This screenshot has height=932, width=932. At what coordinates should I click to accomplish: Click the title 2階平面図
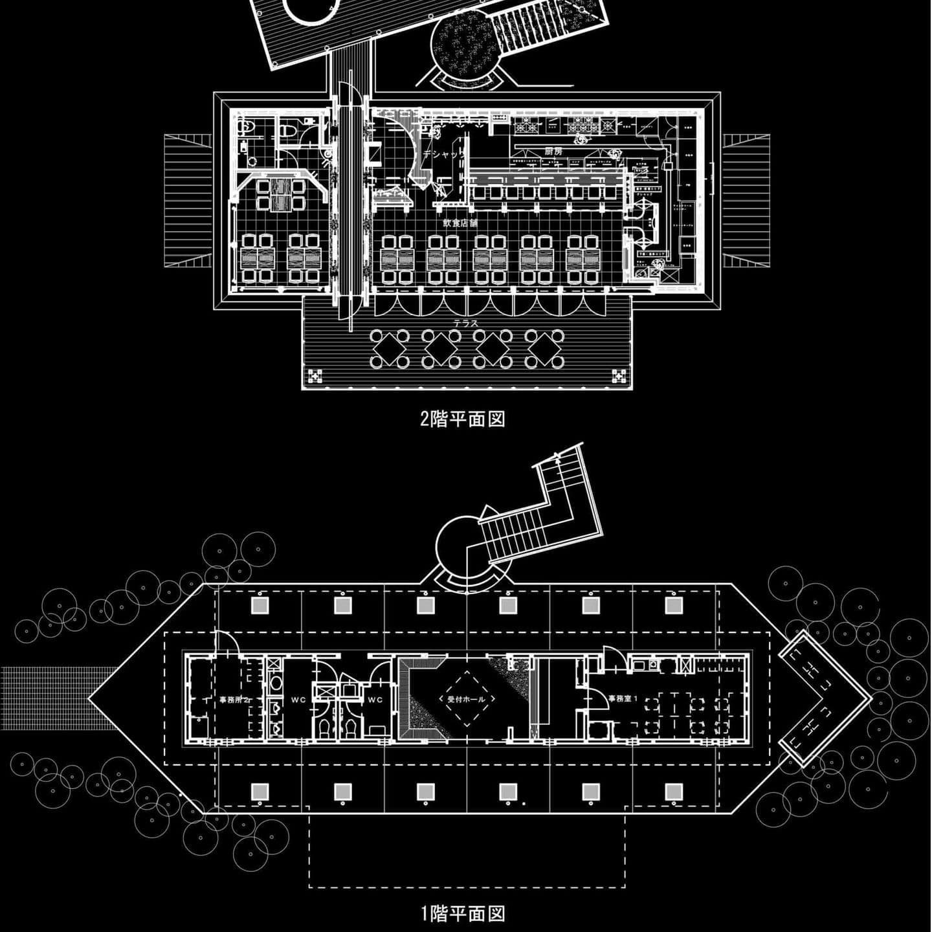pos(463,419)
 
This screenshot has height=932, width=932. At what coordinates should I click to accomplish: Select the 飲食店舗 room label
pos(460,223)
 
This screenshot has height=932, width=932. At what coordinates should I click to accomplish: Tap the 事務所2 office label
pos(230,700)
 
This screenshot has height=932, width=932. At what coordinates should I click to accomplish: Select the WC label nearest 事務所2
pos(298,700)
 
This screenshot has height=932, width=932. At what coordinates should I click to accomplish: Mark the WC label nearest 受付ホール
pos(375,700)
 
